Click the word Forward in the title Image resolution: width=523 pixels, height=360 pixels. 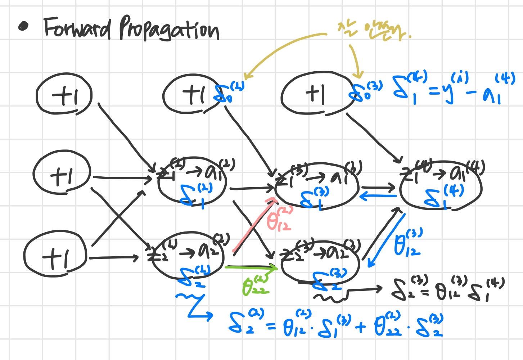click(77, 28)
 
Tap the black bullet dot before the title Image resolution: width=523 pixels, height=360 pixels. click(23, 27)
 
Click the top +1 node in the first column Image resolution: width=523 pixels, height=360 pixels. click(64, 94)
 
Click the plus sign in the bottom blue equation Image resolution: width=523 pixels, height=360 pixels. click(360, 327)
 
